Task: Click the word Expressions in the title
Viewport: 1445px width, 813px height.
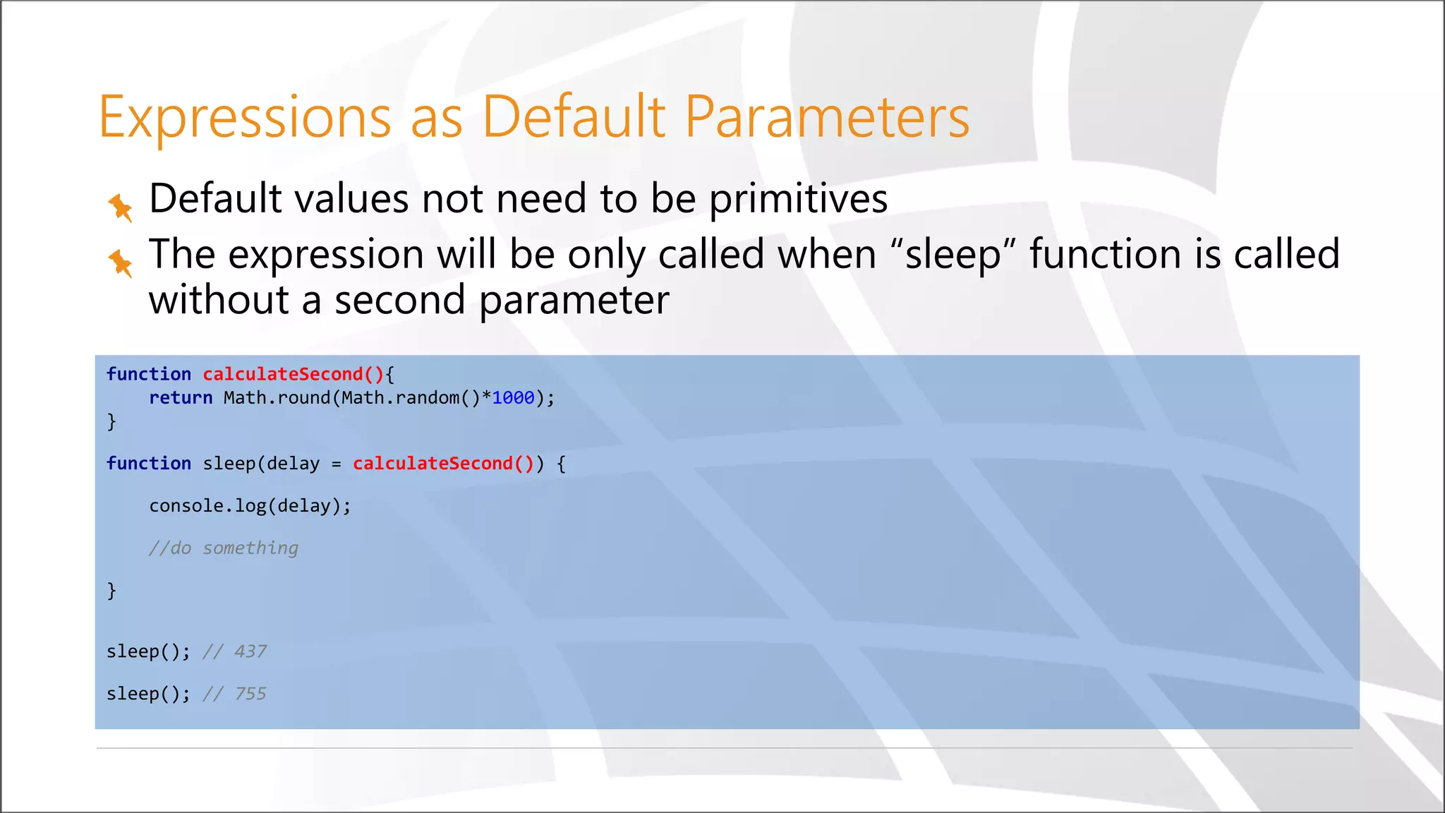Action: (x=244, y=117)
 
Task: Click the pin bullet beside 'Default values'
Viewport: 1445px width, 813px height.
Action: (x=120, y=207)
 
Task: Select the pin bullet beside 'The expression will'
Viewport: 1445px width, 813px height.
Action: (x=120, y=263)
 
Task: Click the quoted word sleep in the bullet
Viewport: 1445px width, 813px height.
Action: (x=953, y=255)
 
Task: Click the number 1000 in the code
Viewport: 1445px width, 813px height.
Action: (x=513, y=398)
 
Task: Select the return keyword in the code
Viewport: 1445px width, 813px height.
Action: (x=181, y=398)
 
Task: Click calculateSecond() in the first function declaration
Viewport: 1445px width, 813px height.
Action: (x=293, y=374)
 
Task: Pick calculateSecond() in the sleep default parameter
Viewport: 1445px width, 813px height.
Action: (x=443, y=464)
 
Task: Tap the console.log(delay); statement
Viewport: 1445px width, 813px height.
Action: (x=250, y=506)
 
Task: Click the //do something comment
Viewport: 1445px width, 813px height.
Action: (x=223, y=548)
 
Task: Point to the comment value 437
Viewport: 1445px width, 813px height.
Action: (x=250, y=651)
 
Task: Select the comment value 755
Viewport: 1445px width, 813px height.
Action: (x=250, y=694)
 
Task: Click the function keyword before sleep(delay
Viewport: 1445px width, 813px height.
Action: (x=148, y=464)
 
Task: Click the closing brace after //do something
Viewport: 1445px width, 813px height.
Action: (x=111, y=590)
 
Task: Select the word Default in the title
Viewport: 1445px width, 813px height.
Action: (x=573, y=117)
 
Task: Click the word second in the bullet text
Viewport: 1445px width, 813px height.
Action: (x=399, y=301)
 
